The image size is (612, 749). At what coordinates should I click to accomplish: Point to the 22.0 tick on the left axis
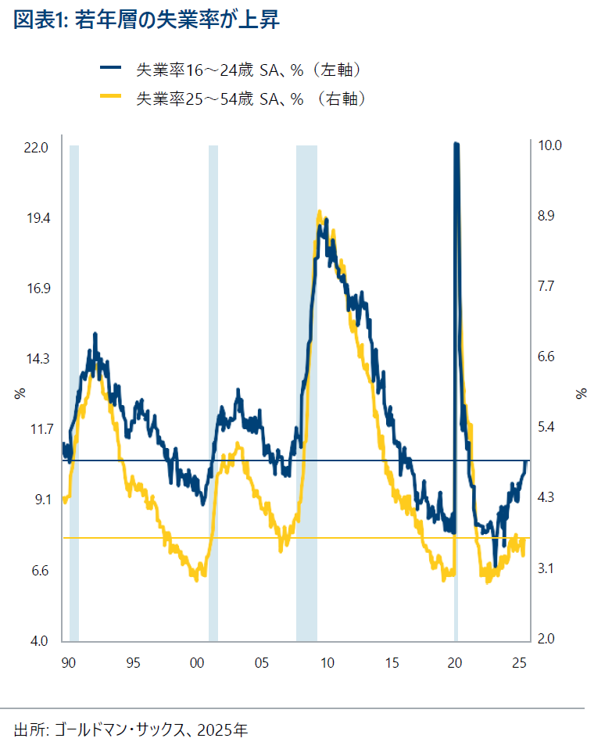[x=37, y=147]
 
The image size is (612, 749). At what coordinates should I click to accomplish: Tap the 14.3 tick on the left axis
[x=37, y=359]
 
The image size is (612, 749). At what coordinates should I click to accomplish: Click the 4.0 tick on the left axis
[x=37, y=641]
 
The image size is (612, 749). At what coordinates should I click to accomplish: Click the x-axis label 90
[x=68, y=663]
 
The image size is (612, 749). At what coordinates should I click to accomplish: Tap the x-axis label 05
[x=262, y=663]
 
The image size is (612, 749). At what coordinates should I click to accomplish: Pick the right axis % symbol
[x=582, y=393]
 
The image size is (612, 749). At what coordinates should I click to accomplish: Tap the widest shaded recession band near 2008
[x=306, y=391]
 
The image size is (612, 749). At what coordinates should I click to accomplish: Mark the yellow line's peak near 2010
[x=319, y=212]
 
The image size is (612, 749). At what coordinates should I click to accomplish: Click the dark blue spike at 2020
[x=456, y=149]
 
